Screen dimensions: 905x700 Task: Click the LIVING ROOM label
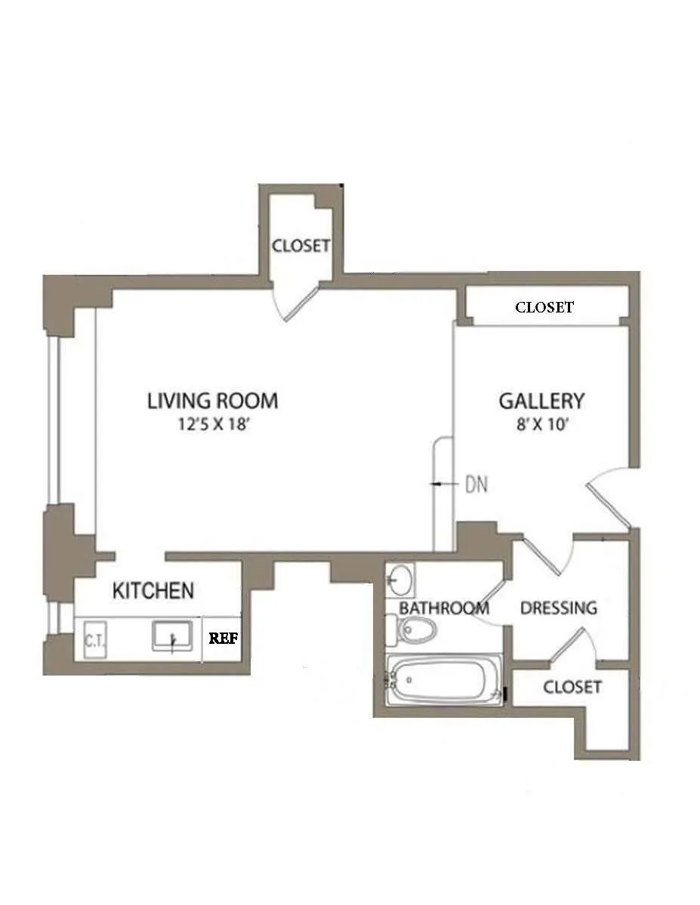click(x=212, y=400)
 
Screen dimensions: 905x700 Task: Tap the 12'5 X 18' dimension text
click(x=213, y=424)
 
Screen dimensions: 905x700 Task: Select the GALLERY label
click(x=541, y=400)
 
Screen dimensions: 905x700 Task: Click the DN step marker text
click(x=476, y=485)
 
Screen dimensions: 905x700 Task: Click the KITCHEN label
click(x=153, y=590)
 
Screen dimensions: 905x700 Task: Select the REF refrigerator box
click(x=224, y=637)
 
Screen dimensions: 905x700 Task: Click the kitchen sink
click(x=173, y=636)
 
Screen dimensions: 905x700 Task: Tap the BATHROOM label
click(x=444, y=608)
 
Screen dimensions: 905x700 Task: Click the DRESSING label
click(x=559, y=608)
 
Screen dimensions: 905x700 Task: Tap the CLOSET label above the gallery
click(x=544, y=307)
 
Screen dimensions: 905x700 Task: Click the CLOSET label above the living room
click(x=301, y=246)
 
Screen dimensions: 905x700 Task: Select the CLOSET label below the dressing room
click(x=572, y=687)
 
